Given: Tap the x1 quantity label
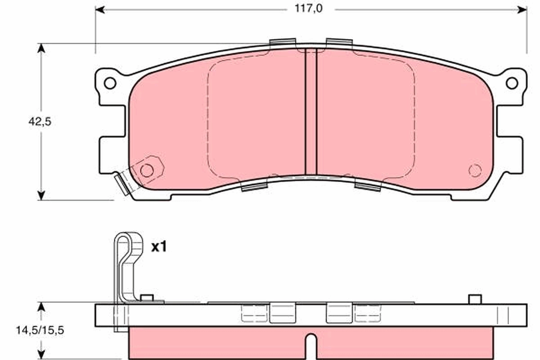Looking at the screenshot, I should click(x=158, y=247).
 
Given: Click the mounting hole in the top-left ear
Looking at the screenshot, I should click(x=110, y=83).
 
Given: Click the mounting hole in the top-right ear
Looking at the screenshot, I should click(x=512, y=83).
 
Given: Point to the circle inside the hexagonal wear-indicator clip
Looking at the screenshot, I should click(x=146, y=170).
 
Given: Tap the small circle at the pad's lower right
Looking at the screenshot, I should click(x=475, y=171).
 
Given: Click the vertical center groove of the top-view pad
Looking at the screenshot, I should click(x=311, y=110).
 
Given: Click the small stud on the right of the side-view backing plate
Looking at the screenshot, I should click(x=475, y=299).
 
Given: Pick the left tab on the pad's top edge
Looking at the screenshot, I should click(x=282, y=42).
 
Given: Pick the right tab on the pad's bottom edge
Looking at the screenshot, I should click(x=368, y=184).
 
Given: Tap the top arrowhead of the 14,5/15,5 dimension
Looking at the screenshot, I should click(x=41, y=306).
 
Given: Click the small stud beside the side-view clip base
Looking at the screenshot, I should click(x=147, y=297).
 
